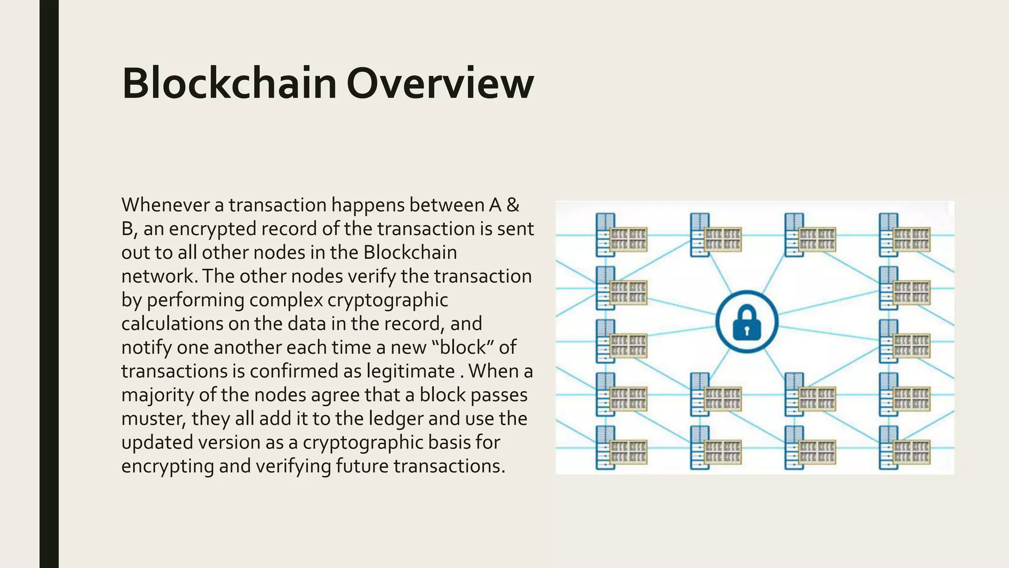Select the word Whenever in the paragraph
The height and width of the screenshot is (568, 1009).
coord(166,205)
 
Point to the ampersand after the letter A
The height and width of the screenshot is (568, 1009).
coord(513,205)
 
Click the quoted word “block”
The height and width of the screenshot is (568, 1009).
coord(463,347)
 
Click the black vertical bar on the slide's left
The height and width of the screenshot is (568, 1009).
coord(49,284)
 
